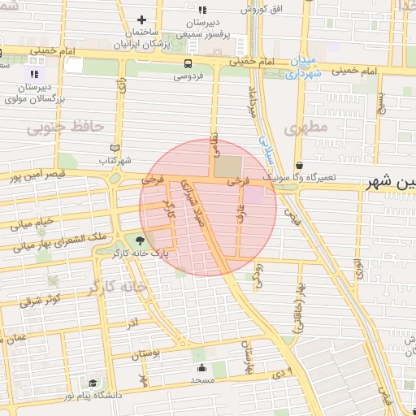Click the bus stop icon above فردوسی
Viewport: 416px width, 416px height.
188,63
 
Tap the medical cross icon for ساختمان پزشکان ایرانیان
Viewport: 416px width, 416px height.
143,19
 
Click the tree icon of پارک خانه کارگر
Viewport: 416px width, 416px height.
139,240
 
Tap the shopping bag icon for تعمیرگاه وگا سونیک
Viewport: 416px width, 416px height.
299,165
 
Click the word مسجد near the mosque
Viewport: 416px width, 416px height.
201,380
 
